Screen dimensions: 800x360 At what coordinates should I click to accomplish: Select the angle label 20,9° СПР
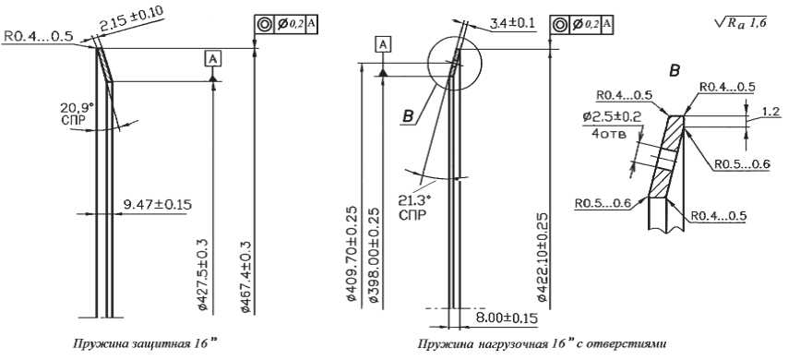pyautogui.click(x=77, y=113)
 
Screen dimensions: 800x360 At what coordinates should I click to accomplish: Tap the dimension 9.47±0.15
pyautogui.click(x=158, y=205)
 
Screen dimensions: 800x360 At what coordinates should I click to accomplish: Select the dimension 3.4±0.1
pyautogui.click(x=512, y=23)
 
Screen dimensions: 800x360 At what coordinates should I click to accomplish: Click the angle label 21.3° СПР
pyautogui.click(x=412, y=207)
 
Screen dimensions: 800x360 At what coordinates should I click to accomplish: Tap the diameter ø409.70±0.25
pyautogui.click(x=352, y=254)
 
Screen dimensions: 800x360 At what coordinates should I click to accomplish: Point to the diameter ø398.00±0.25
pyautogui.click(x=373, y=255)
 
